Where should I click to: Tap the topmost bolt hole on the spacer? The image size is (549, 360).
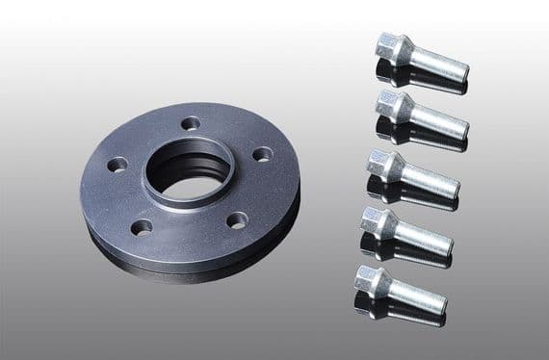[x=191, y=122]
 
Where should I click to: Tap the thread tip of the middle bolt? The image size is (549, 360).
[x=455, y=188]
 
